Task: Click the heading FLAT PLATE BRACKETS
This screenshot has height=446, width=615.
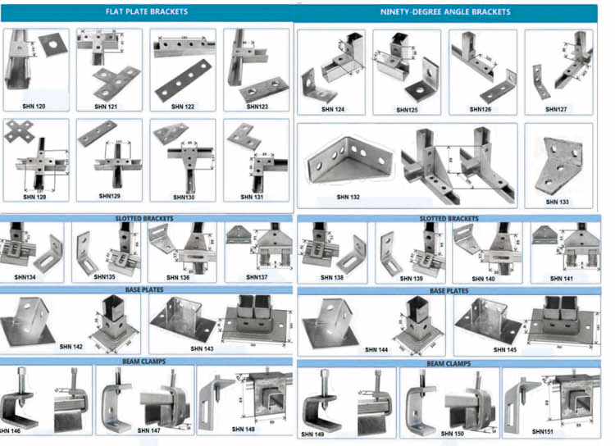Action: [x=147, y=12]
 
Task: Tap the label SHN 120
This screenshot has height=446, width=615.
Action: [x=35, y=106]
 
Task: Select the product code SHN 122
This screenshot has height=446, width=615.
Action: [x=183, y=106]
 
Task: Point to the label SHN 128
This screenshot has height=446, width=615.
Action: [x=35, y=197]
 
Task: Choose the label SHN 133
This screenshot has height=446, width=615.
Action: [x=558, y=201]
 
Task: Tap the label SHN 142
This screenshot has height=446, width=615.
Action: [x=71, y=348]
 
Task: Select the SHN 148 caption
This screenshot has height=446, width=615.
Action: [x=244, y=429]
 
